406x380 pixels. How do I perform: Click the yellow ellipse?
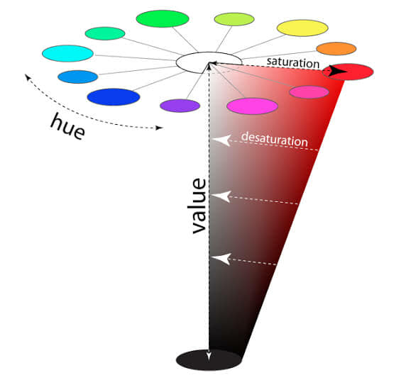tap(302, 28)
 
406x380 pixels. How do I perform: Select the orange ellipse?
tap(336, 49)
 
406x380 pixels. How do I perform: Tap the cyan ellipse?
tap(67, 53)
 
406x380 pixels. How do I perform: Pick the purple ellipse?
tap(180, 106)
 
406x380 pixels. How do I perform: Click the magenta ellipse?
tap(252, 106)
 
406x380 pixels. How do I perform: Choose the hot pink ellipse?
tap(309, 92)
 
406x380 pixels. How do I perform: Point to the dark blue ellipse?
tap(114, 97)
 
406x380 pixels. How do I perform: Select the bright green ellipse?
tap(163, 18)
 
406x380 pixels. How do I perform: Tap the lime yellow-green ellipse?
tap(234, 19)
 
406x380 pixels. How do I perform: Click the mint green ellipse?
tap(105, 33)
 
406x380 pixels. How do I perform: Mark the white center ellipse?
tap(209, 62)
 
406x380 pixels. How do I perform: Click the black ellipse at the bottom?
tap(209, 359)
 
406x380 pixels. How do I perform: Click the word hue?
tap(68, 127)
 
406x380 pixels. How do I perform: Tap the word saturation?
tap(293, 63)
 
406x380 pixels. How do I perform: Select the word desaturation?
tap(275, 140)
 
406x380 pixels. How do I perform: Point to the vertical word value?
tap(199, 206)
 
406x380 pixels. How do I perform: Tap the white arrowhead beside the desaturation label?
tap(221, 140)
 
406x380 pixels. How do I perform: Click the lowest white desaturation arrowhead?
tap(221, 259)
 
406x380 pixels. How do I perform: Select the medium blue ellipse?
tap(77, 77)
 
